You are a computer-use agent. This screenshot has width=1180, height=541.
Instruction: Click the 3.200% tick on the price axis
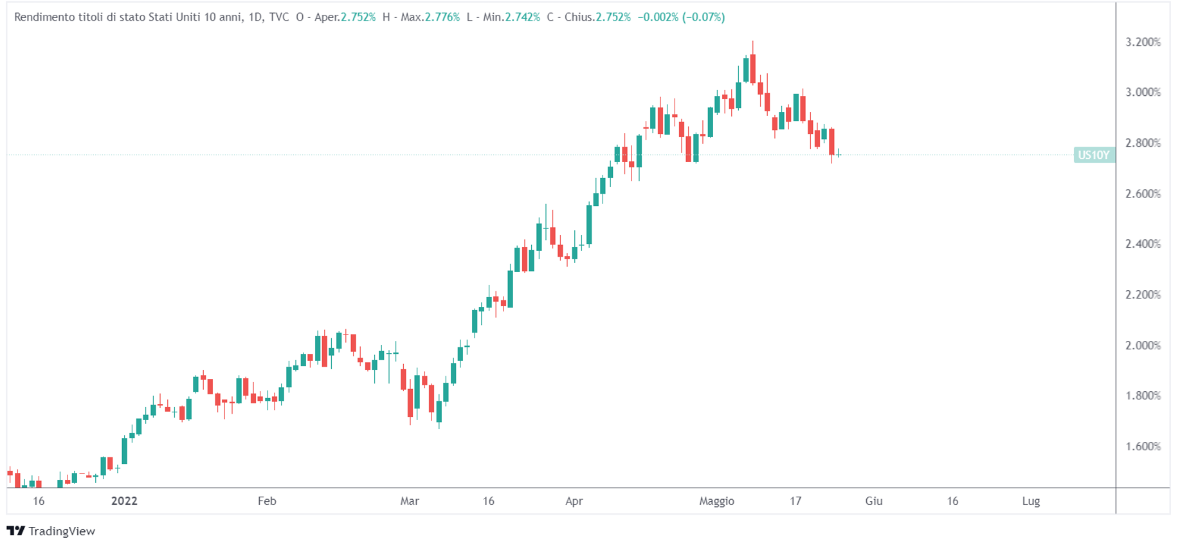click(1143, 42)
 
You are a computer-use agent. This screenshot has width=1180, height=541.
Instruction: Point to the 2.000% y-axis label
click(1143, 345)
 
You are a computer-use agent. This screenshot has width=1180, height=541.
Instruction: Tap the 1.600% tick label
click(1143, 446)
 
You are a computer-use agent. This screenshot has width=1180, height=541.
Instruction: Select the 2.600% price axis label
click(1143, 194)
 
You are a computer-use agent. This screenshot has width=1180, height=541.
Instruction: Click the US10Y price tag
click(1094, 155)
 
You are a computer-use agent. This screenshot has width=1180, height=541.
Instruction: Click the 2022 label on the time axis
click(124, 501)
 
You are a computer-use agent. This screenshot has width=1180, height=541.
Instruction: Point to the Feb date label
click(267, 501)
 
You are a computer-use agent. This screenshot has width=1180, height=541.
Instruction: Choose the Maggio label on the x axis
click(716, 501)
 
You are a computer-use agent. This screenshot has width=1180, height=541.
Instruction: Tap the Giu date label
click(873, 501)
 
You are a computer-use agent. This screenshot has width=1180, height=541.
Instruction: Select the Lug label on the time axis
click(1031, 501)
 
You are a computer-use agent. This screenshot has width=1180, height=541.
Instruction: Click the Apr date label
click(574, 501)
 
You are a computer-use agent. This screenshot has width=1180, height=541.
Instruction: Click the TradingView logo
click(51, 531)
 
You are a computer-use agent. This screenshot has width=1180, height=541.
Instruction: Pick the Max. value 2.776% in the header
click(442, 17)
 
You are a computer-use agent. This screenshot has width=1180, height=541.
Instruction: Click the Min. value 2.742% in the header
click(522, 17)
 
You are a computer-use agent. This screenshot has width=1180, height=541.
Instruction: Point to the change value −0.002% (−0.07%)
click(681, 17)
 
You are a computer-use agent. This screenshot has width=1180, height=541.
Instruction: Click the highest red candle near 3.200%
click(752, 68)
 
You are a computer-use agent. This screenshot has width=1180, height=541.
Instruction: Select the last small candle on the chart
click(839, 154)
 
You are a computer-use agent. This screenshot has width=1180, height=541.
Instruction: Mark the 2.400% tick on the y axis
click(1143, 244)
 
